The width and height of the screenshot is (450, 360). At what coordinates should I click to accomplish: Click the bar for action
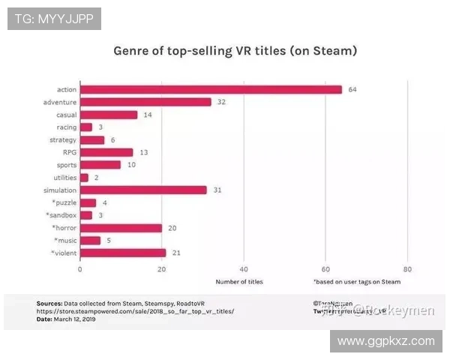(x=210, y=89)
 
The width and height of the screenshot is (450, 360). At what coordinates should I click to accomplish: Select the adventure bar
(x=145, y=102)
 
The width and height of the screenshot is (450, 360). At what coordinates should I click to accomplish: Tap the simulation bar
(x=142, y=190)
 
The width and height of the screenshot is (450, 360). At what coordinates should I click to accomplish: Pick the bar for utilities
(x=84, y=178)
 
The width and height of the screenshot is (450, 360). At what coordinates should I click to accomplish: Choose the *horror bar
(x=120, y=228)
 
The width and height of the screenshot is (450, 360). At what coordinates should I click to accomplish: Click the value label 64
(x=352, y=89)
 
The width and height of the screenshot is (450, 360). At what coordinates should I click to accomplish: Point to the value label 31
(x=217, y=190)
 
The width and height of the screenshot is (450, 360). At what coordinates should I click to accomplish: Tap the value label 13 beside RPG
(x=143, y=152)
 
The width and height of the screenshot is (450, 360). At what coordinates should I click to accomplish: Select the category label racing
(x=66, y=127)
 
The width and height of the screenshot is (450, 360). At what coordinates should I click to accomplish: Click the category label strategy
(x=62, y=140)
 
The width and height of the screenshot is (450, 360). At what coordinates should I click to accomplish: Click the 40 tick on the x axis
(x=244, y=268)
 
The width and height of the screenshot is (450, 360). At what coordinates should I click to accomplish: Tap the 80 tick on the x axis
(x=407, y=268)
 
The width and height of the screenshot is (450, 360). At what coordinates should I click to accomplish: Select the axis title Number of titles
(x=239, y=282)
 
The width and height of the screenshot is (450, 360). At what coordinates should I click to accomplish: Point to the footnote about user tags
(x=356, y=282)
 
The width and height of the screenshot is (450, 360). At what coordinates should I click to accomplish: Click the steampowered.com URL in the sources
(x=135, y=310)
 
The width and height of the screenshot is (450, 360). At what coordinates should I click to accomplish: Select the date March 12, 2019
(x=74, y=319)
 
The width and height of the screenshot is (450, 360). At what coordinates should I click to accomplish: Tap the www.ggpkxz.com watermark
(x=385, y=341)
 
